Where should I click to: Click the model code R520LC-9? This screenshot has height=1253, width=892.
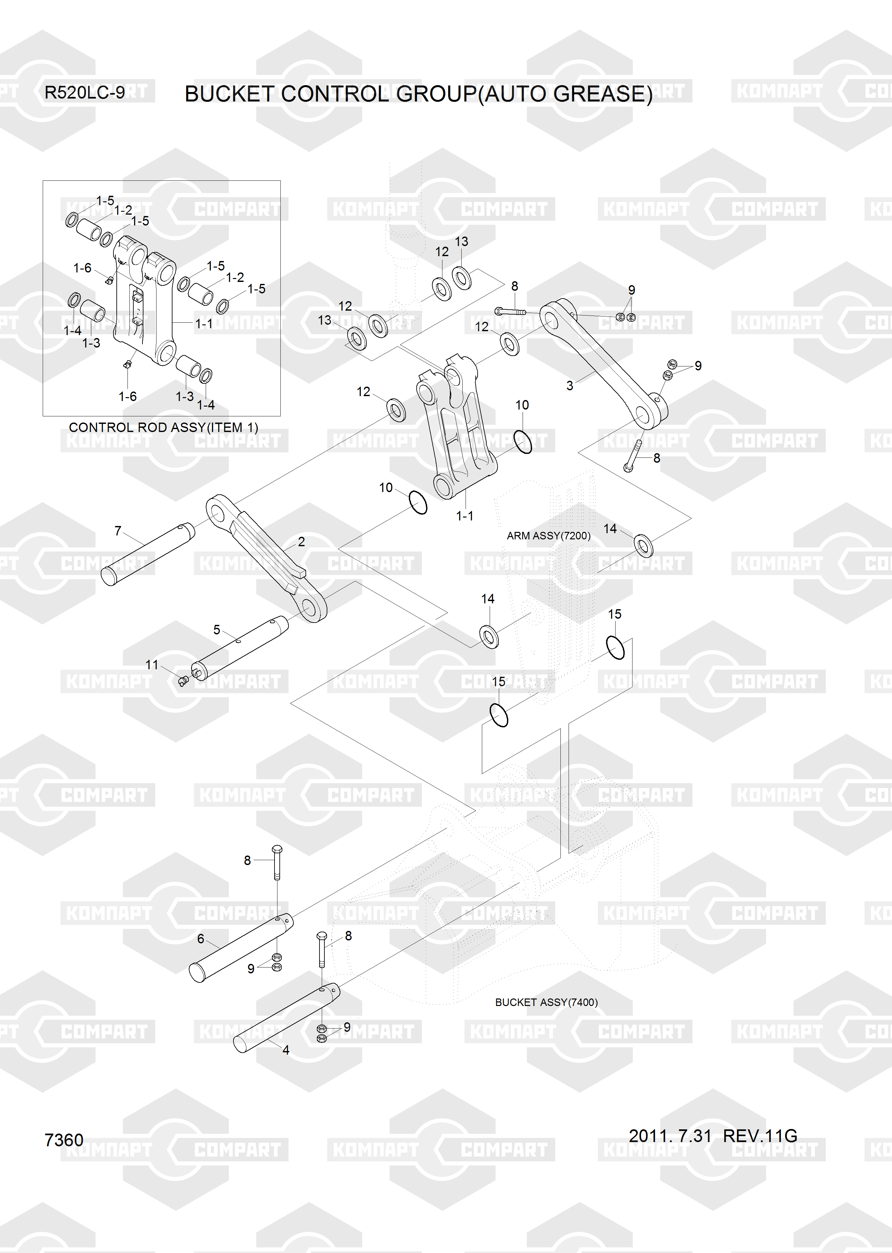(x=84, y=92)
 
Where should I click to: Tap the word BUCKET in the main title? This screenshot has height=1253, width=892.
(x=230, y=94)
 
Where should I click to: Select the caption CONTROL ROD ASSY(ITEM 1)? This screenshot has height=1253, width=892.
(x=163, y=427)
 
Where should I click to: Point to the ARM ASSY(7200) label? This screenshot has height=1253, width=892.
(x=548, y=536)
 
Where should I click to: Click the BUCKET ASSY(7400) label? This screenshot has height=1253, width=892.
(x=546, y=1002)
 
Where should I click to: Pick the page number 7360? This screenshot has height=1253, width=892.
(x=64, y=1140)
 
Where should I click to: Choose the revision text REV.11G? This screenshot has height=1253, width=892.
(x=760, y=1136)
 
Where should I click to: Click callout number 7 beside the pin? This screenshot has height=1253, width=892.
(x=118, y=531)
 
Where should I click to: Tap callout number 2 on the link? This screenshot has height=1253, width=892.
(x=301, y=542)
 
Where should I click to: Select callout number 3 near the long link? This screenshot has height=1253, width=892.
(x=570, y=386)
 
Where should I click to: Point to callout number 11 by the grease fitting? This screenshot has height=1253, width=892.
(x=152, y=665)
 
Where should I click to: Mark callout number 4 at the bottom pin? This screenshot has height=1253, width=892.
(x=286, y=1050)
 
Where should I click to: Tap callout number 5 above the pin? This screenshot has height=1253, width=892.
(x=216, y=630)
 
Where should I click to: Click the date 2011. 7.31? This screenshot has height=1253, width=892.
(x=670, y=1136)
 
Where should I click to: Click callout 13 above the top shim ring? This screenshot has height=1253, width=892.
(x=461, y=242)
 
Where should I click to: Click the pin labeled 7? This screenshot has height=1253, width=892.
(x=148, y=554)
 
